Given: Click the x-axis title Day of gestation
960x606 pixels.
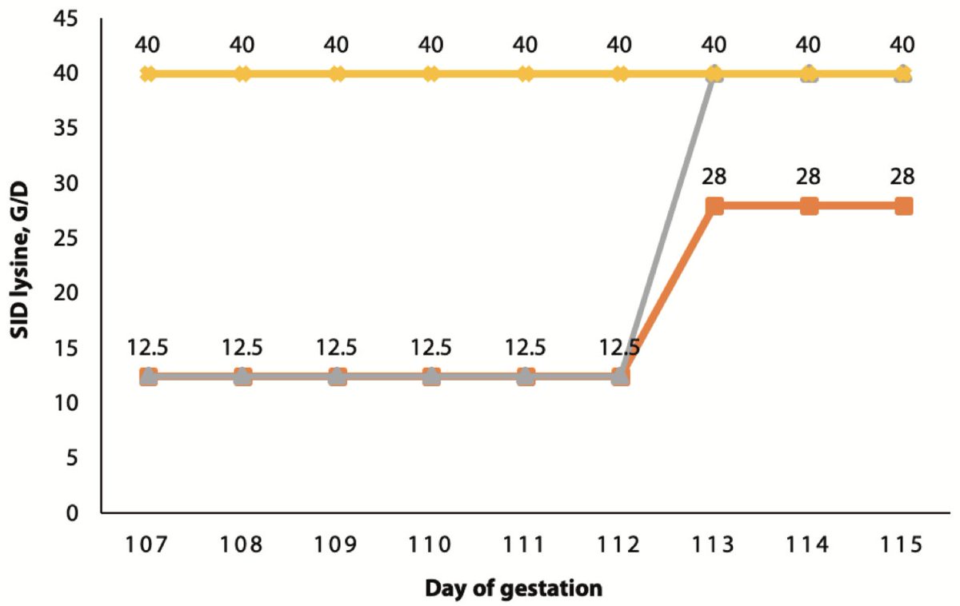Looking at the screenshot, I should (x=513, y=589).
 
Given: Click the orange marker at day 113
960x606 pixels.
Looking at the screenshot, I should (x=714, y=205).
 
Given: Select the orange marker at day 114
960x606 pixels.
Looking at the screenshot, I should (x=809, y=205).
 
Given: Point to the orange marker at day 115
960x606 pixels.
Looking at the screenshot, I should (x=903, y=205).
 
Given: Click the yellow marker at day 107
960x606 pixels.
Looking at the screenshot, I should (x=148, y=74).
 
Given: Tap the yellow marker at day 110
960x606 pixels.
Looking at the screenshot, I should (x=431, y=74).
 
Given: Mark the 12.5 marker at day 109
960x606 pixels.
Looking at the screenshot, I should (x=337, y=376).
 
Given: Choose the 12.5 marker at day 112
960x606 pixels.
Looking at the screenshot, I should (x=620, y=376).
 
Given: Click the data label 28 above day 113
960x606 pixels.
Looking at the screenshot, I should (x=714, y=176).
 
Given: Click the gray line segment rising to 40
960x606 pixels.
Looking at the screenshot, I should (x=667, y=225).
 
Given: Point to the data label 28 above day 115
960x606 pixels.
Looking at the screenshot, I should (x=903, y=176).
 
